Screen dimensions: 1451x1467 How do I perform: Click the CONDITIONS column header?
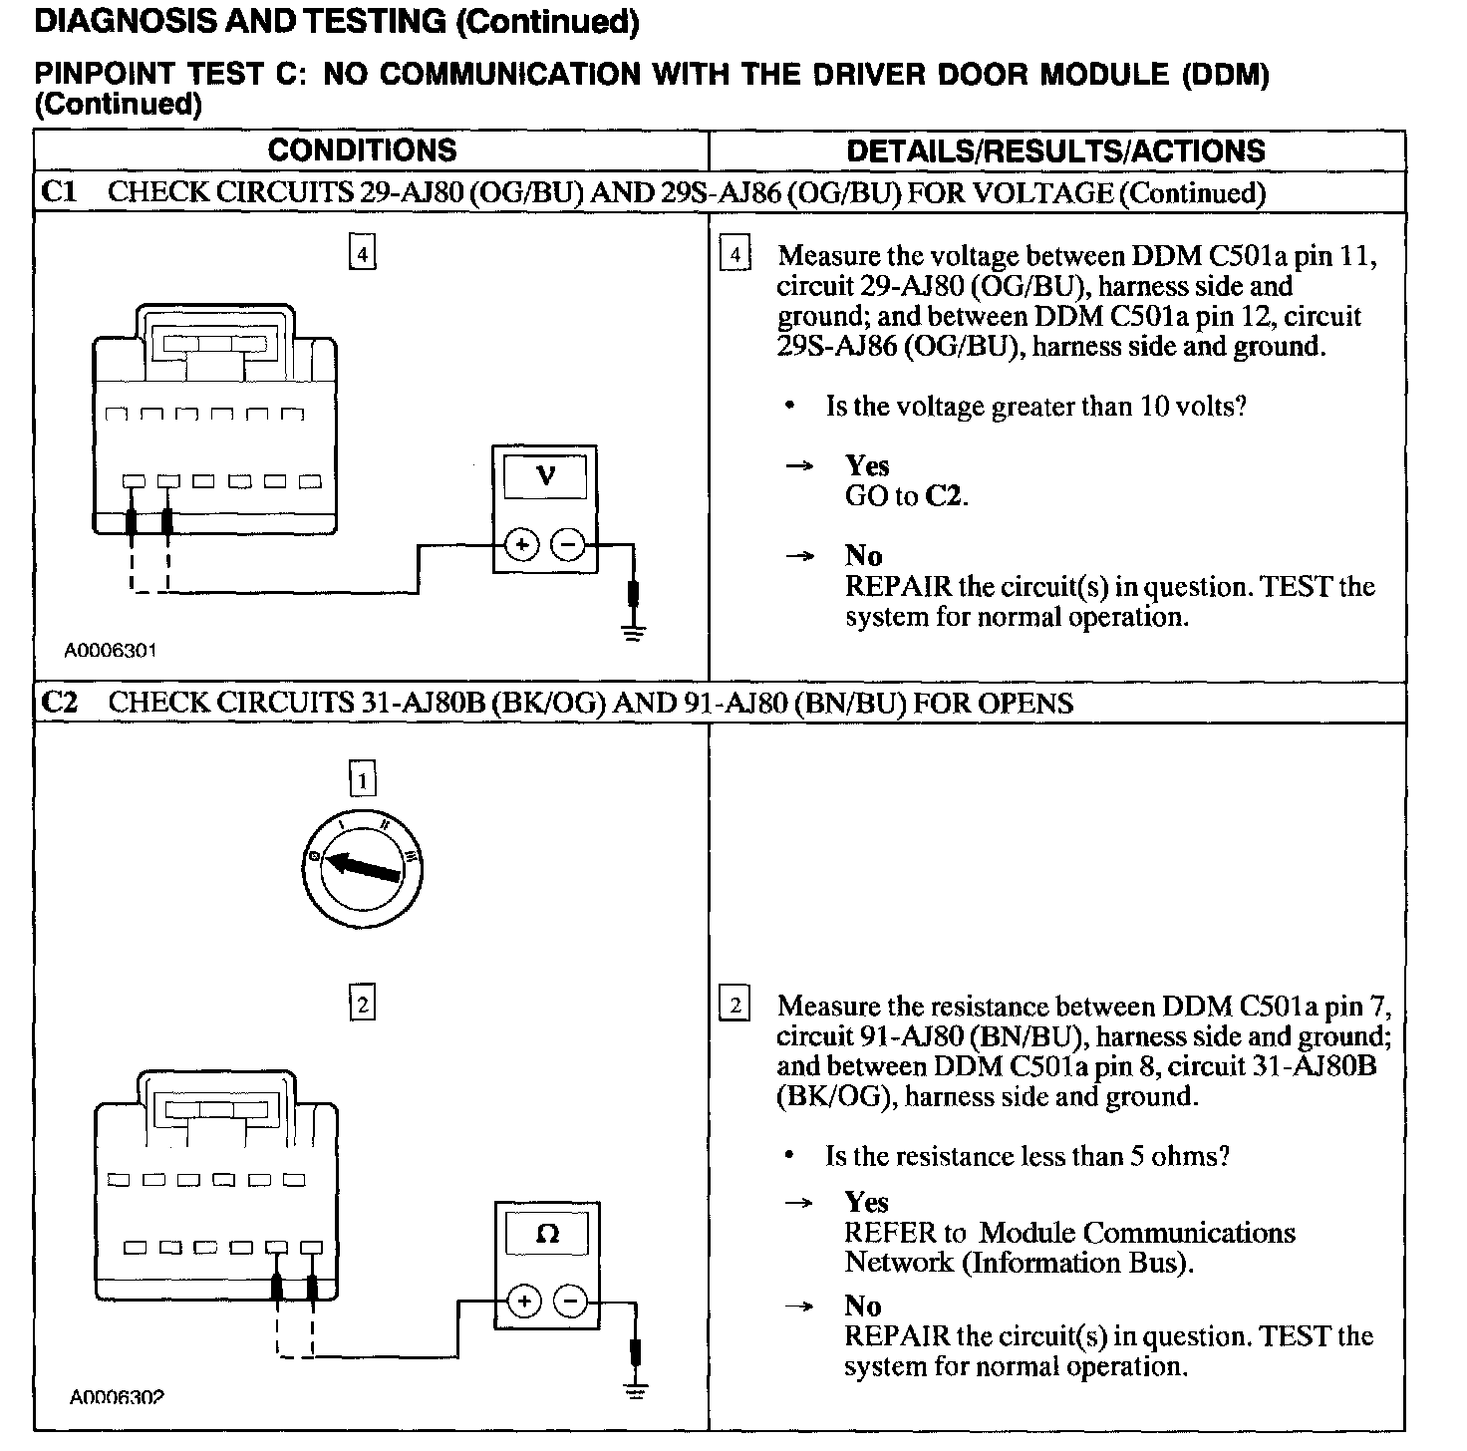362,150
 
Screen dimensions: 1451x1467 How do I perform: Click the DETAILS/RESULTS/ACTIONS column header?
1055,151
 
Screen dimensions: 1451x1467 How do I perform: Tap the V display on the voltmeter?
545,476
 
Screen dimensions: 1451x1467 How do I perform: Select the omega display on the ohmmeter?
547,1234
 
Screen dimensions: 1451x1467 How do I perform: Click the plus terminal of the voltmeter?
522,545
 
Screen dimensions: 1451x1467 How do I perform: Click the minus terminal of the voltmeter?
567,545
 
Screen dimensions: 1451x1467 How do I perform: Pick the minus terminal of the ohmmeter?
569,1302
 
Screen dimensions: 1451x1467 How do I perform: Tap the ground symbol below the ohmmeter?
635,1387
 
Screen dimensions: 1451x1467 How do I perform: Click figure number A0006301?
111,651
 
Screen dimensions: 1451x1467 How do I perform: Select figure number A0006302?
116,1397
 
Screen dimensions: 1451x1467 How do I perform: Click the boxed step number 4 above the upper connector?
362,254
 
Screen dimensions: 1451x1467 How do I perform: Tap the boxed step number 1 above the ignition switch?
362,779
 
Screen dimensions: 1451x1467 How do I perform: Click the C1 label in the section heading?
59,191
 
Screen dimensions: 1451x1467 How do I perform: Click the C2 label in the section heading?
60,703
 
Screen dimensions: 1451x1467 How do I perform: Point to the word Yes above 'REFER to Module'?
866,1202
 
